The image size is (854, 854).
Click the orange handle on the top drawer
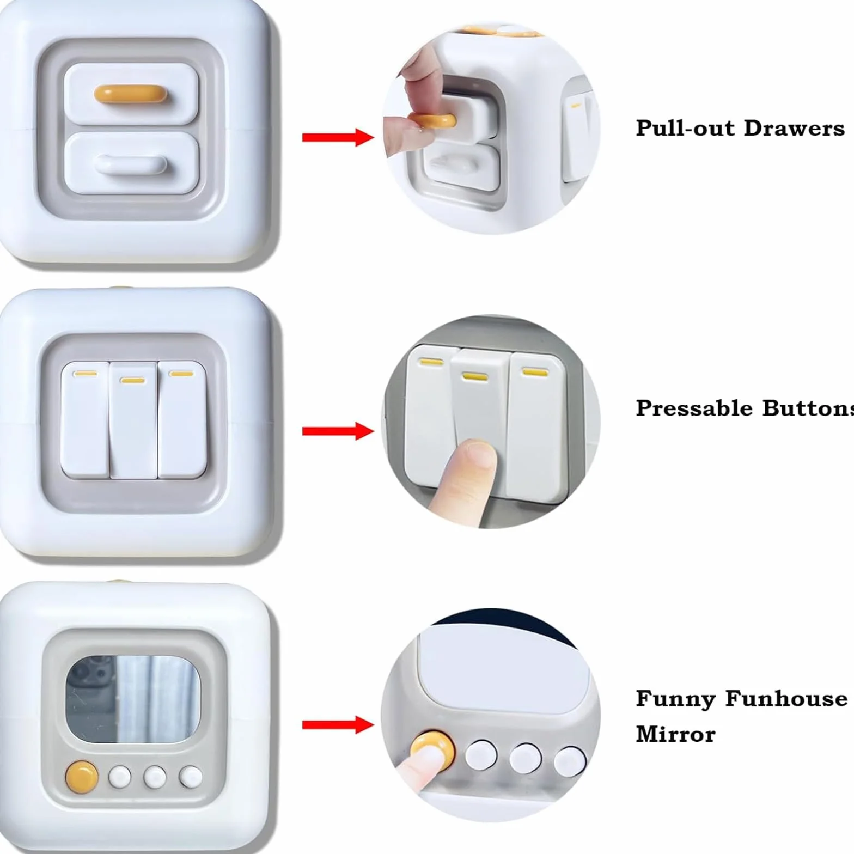[130, 94]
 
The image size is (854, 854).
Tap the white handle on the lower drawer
[131, 165]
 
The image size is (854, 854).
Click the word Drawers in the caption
[794, 128]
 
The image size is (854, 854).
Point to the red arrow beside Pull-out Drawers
[338, 137]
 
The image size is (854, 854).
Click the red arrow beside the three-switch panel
[338, 431]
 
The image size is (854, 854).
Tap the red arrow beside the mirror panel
[338, 725]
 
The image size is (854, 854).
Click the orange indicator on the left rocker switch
[86, 374]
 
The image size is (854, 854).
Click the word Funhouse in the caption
[786, 698]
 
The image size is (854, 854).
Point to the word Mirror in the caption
[675, 734]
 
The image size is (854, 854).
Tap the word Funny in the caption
[675, 699]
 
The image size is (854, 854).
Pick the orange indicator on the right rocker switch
[181, 374]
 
